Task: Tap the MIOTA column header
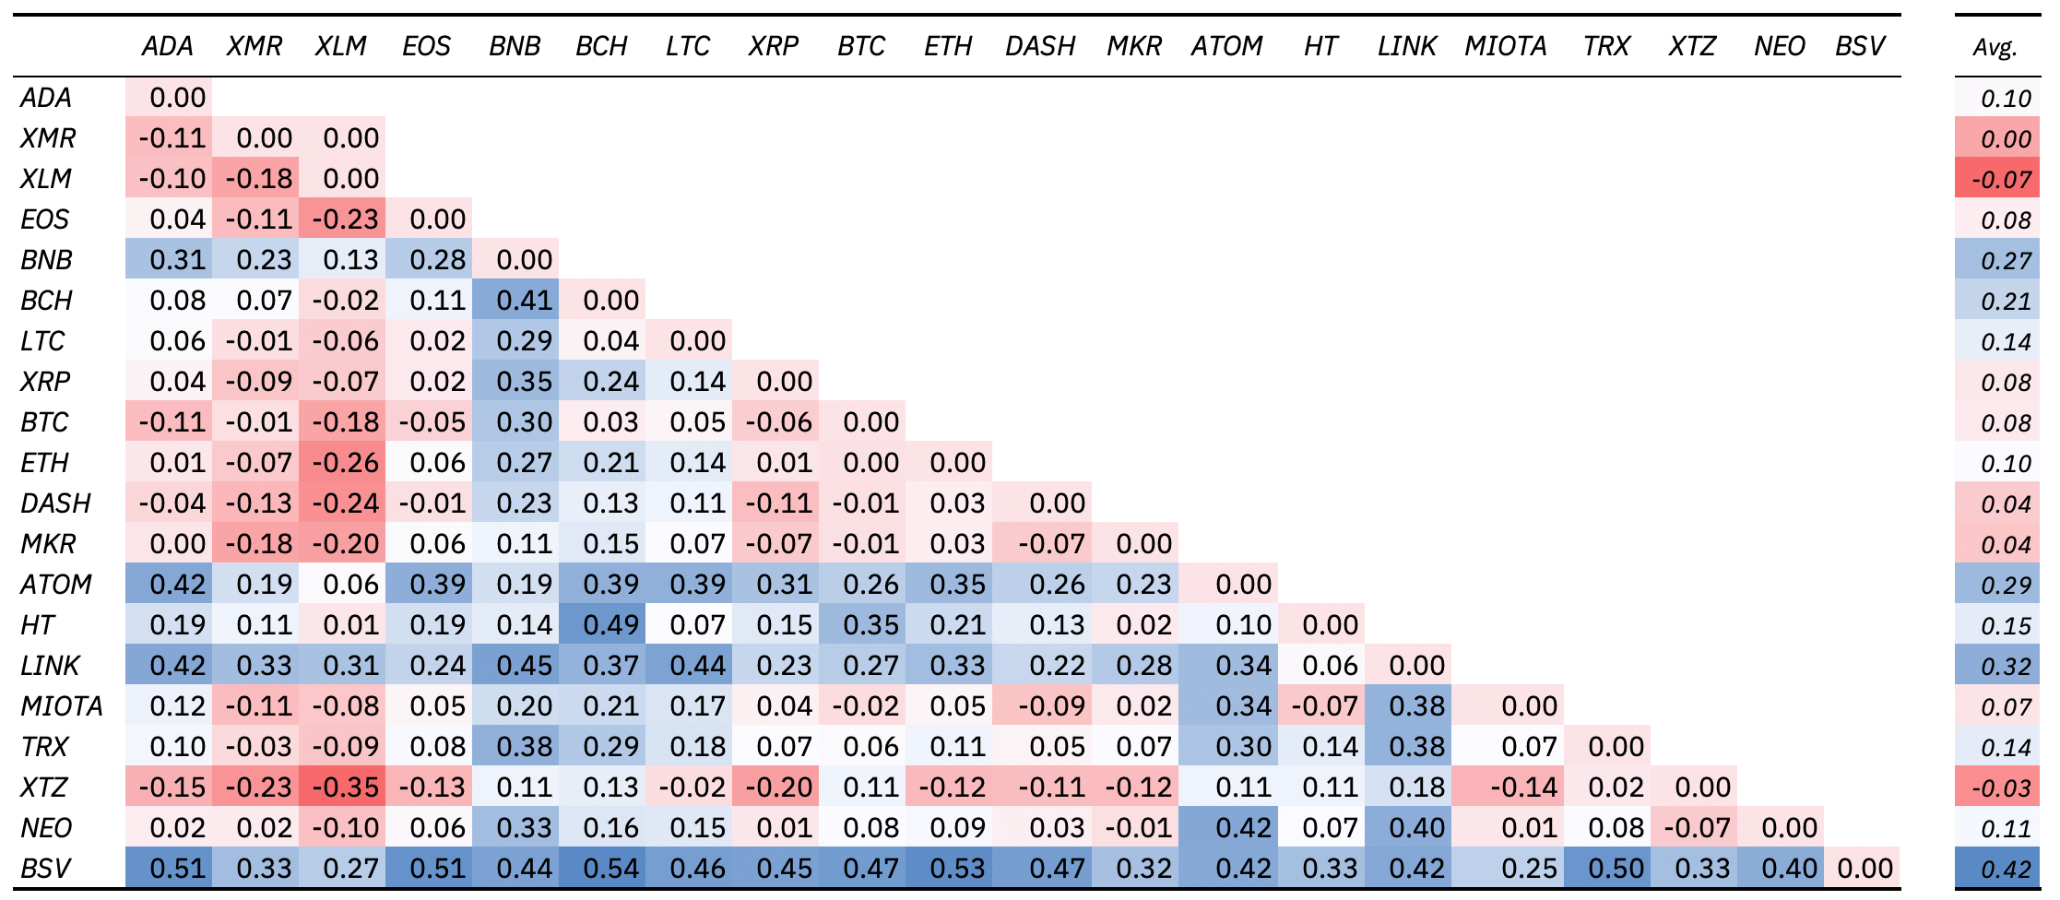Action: click(x=1505, y=46)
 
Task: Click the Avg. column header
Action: click(x=1995, y=46)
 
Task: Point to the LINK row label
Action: click(x=50, y=665)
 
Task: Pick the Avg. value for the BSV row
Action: click(x=1997, y=869)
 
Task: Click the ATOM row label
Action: click(x=56, y=584)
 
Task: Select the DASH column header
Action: click(x=1040, y=46)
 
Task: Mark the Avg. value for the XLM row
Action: click(x=1997, y=179)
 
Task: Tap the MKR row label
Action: click(x=48, y=543)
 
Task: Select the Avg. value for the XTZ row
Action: click(x=1997, y=787)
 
